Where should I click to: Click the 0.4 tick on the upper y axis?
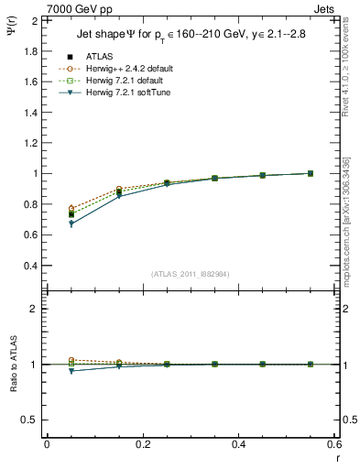(x=31, y=266)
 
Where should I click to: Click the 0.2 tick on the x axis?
(x=142, y=444)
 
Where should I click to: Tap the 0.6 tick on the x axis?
(x=335, y=444)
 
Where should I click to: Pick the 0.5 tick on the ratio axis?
(x=31, y=420)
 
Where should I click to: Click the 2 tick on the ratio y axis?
(x=35, y=309)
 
